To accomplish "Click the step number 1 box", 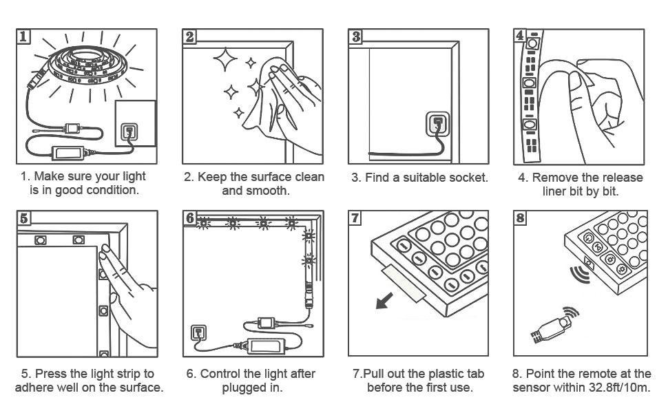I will [23, 36].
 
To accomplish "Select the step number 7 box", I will [355, 219].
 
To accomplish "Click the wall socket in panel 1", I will [127, 131].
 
